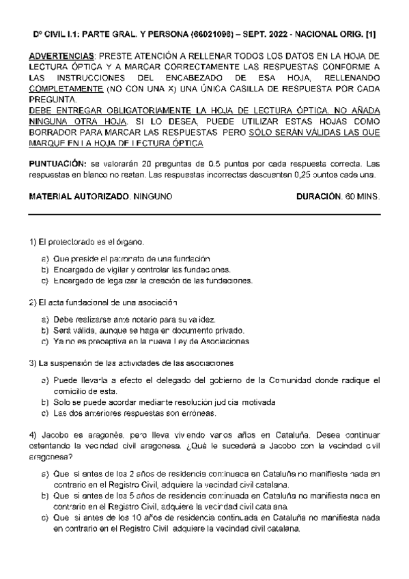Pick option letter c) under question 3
(45, 413)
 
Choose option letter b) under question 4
(45, 497)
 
